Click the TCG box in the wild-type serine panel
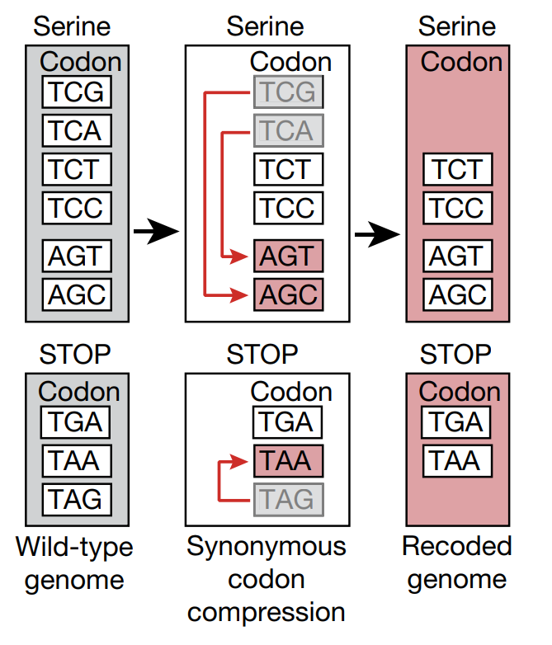[77, 92]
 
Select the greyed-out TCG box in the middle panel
[289, 92]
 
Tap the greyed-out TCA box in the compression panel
[289, 130]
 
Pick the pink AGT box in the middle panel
[289, 256]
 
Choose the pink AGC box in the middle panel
[289, 294]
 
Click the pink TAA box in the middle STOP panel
[289, 461]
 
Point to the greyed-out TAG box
[289, 500]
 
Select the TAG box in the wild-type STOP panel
[77, 500]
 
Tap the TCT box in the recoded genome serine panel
[458, 169]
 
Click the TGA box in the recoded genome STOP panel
[456, 422]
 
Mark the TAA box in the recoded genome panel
[457, 461]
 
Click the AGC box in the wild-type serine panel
[77, 294]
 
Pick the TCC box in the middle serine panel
[289, 208]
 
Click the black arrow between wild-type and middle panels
[157, 231]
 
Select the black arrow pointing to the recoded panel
[377, 234]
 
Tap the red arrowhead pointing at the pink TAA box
[238, 462]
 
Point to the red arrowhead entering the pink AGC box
[238, 295]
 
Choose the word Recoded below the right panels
[457, 546]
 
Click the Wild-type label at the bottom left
[74, 548]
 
